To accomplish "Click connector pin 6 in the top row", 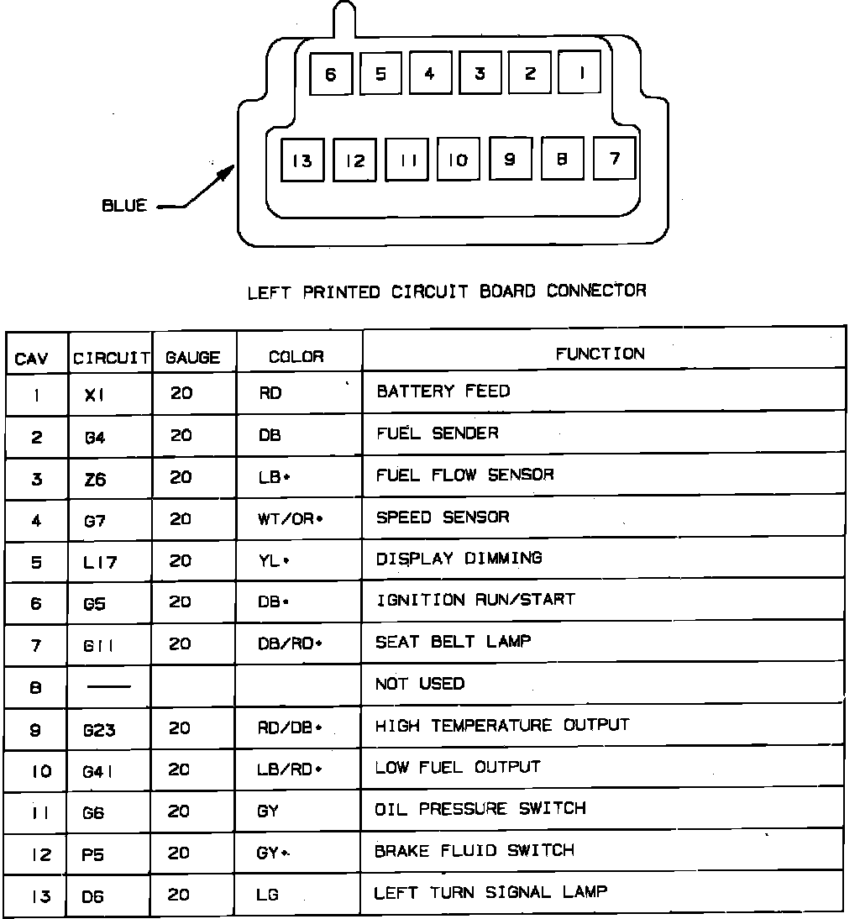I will (330, 75).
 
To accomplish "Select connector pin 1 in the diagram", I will (579, 74).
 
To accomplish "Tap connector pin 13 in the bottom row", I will (302, 160).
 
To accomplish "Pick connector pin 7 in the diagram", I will (614, 158).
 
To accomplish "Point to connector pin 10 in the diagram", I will (458, 160).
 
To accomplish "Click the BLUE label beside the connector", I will (124, 206).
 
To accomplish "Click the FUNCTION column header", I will (600, 354).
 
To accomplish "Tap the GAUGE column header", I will (193, 357).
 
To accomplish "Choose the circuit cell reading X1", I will (95, 395).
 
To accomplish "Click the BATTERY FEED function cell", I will (443, 391).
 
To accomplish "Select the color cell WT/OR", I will (290, 519).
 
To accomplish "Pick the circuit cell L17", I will (99, 562).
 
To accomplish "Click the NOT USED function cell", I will (419, 684).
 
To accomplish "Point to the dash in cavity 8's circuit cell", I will (109, 687).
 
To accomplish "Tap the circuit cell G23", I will (99, 730).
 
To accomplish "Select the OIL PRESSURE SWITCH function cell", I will (480, 809).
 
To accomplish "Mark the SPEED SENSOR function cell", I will (442, 517).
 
